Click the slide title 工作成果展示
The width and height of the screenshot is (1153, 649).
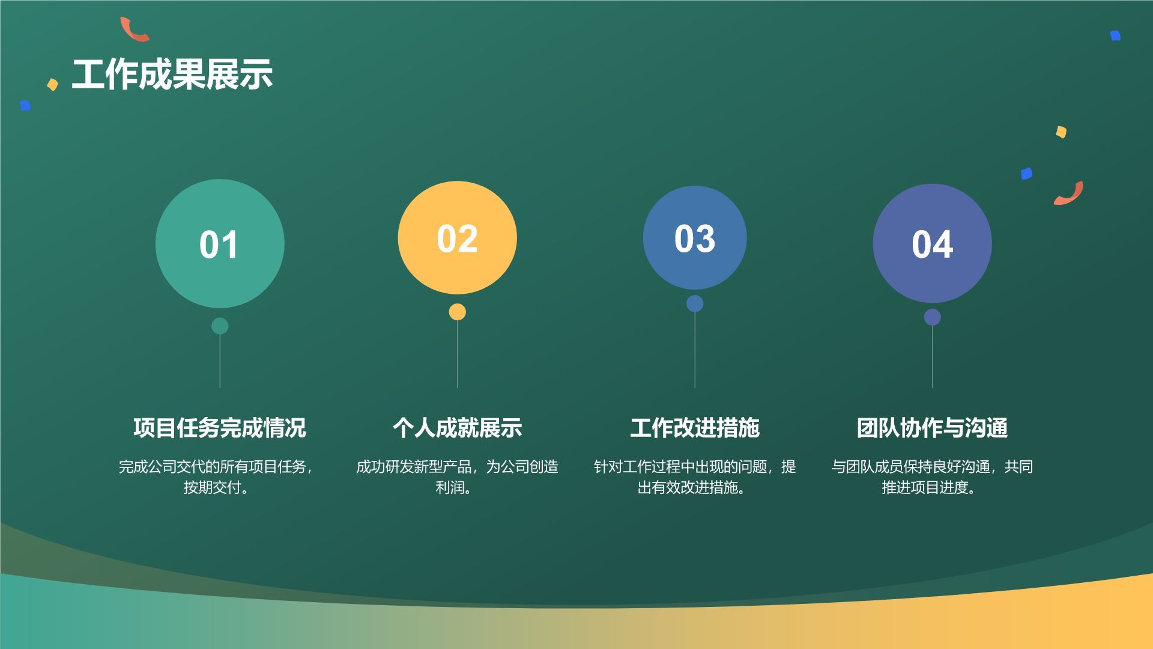click(172, 75)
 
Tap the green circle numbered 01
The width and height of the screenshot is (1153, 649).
click(220, 243)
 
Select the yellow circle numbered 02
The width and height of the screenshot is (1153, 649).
click(457, 238)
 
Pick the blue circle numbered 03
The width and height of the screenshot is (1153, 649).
click(695, 238)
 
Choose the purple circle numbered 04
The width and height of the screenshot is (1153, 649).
click(932, 243)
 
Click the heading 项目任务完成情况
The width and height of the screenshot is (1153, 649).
click(220, 428)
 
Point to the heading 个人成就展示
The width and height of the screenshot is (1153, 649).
click(457, 428)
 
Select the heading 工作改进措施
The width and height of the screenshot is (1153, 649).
click(695, 428)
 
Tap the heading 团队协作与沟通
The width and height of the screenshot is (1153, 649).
click(932, 428)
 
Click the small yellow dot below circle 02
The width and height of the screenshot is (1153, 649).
click(457, 312)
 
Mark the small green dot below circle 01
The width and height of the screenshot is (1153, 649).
click(220, 326)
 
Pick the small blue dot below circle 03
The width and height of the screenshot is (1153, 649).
click(695, 303)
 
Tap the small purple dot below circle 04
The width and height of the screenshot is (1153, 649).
click(932, 317)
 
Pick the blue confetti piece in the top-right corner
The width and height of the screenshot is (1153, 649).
click(1115, 36)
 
